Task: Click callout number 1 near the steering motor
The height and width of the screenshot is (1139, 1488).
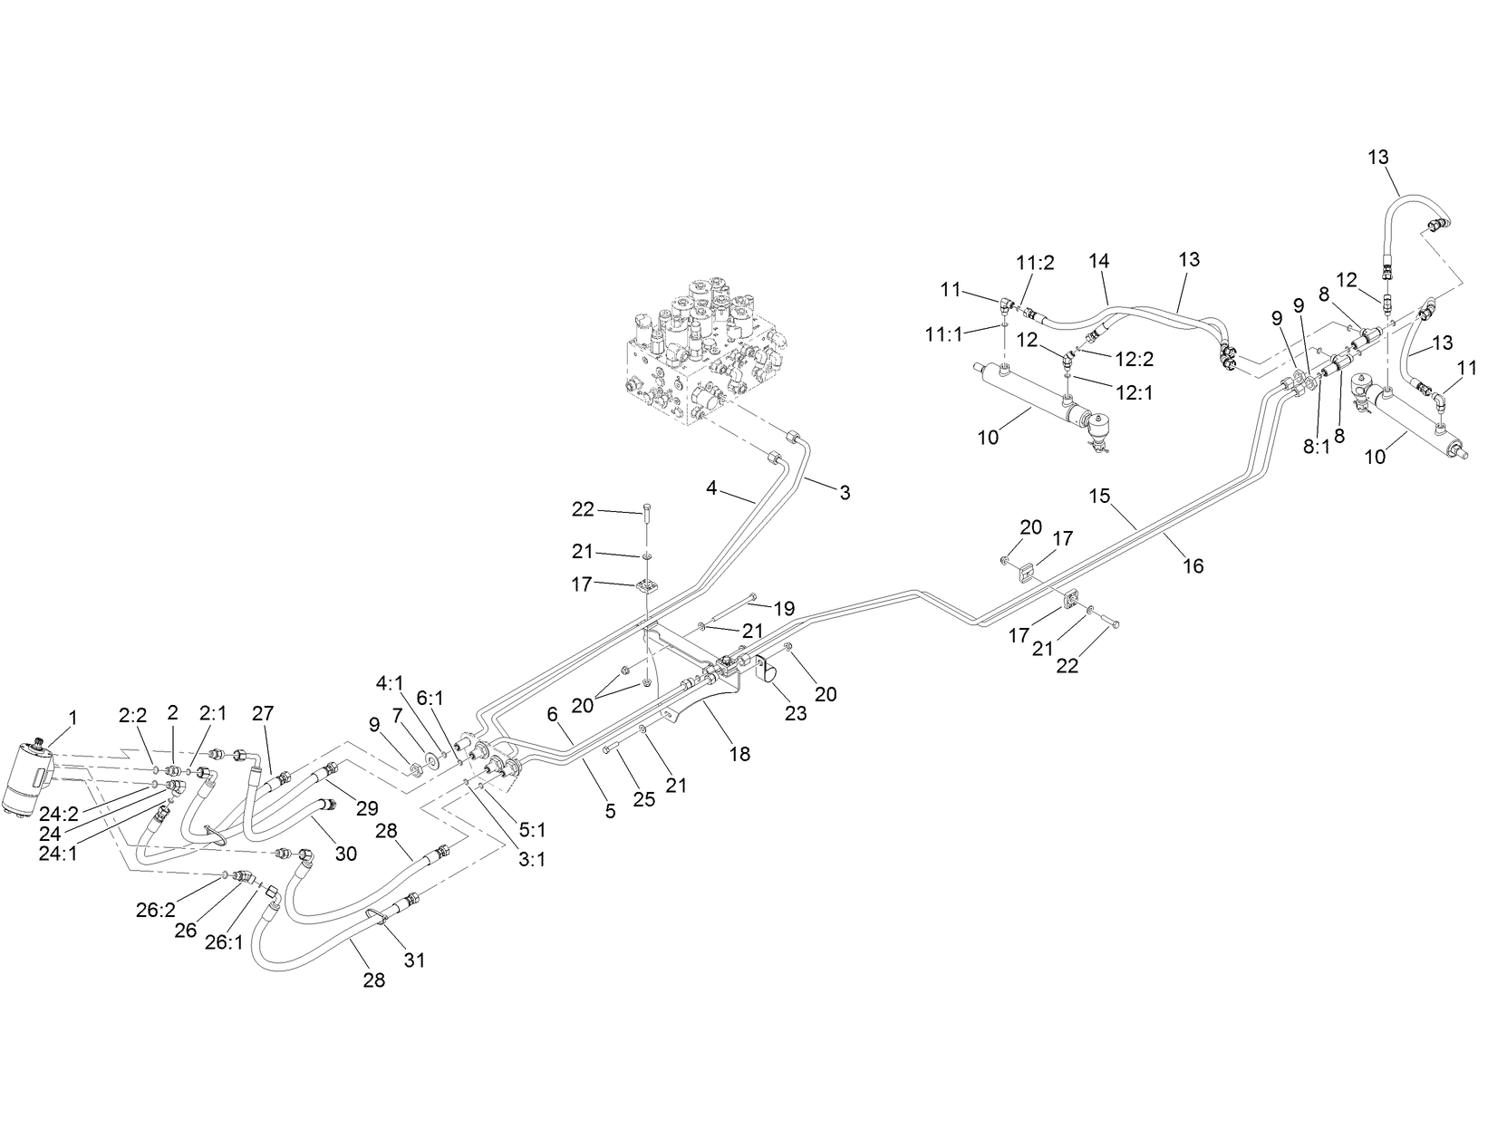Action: click(72, 718)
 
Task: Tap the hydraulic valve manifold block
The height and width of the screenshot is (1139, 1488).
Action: click(702, 353)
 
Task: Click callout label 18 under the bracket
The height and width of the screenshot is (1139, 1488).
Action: click(739, 754)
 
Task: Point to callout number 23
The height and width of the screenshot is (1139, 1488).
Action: click(795, 714)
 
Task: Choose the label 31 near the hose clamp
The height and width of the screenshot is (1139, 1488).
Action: click(414, 960)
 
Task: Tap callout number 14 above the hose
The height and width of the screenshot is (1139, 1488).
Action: click(1098, 260)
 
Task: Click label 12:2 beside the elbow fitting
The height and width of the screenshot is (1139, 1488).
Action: click(1134, 359)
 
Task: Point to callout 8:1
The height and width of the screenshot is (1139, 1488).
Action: click(1315, 446)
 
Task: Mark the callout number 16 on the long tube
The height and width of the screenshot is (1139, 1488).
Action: click(1193, 566)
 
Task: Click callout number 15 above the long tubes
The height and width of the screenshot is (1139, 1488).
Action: click(1099, 496)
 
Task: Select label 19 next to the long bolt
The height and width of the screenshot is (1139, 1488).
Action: click(783, 610)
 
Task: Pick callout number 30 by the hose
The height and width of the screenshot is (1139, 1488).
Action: click(346, 854)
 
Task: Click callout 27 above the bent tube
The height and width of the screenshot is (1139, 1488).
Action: click(262, 714)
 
